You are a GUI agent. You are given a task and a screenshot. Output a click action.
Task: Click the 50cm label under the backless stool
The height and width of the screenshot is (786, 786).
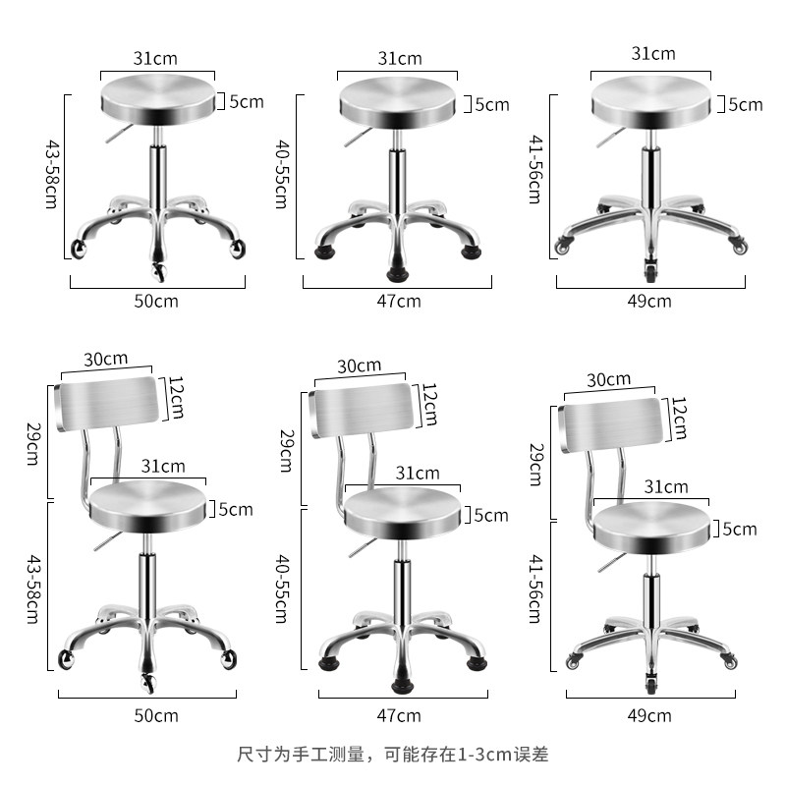click(156, 301)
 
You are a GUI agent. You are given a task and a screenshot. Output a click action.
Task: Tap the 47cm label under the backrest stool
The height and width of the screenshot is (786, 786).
click(399, 714)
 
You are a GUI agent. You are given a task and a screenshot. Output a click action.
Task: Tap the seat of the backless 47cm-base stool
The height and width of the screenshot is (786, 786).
click(397, 102)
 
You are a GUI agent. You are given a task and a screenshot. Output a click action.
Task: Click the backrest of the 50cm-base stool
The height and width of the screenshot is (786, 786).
click(106, 405)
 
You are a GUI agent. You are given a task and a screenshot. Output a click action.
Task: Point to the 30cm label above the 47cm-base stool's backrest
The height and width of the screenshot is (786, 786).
click(359, 365)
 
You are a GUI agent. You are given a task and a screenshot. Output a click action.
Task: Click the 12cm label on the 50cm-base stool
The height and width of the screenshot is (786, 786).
click(176, 397)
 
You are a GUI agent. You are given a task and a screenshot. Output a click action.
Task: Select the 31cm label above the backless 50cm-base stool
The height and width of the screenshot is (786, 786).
click(156, 58)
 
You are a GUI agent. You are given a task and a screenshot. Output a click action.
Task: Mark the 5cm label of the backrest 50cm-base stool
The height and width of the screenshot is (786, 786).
click(235, 509)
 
